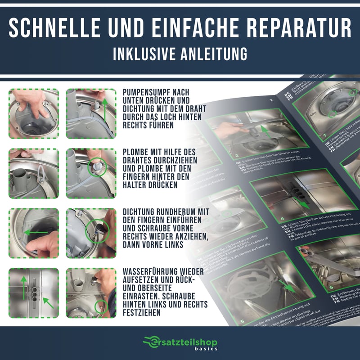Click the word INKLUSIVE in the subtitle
(144, 54)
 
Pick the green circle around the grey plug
(97, 167)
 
